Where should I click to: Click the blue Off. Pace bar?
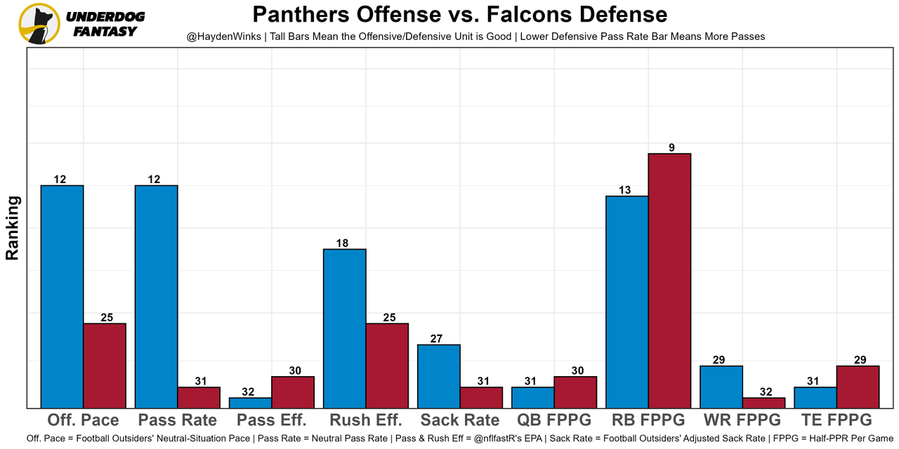coord(62,296)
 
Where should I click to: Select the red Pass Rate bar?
coord(199,397)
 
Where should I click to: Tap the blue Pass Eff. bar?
coord(250,403)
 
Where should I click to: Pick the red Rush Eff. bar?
coord(387,366)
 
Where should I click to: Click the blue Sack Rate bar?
coord(439,376)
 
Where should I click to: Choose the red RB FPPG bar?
coord(669,281)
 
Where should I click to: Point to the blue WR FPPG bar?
coord(721,387)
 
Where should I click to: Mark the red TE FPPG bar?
coord(858,387)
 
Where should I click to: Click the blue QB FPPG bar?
coord(533,397)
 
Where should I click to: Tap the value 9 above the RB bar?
coord(671,147)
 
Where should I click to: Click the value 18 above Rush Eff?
coord(342,243)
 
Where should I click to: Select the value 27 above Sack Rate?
coord(436,339)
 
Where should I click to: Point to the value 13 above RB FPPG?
coord(625,190)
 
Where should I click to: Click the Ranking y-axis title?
coord(13,228)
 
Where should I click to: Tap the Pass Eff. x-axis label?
coord(272,420)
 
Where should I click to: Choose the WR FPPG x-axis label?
coord(742,420)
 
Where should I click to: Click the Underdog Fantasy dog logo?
coord(39,23)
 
